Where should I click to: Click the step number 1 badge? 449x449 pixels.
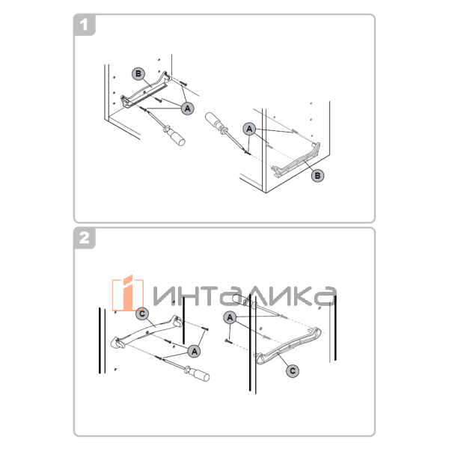click(86, 25)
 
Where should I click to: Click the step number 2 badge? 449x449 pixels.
click(86, 239)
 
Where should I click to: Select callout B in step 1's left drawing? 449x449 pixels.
click(138, 73)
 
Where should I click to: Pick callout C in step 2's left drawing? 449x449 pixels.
click(143, 313)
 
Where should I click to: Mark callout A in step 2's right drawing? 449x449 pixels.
click(230, 317)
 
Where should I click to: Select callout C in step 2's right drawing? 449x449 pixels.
click(293, 369)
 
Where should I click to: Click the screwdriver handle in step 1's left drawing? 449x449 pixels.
click(177, 135)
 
